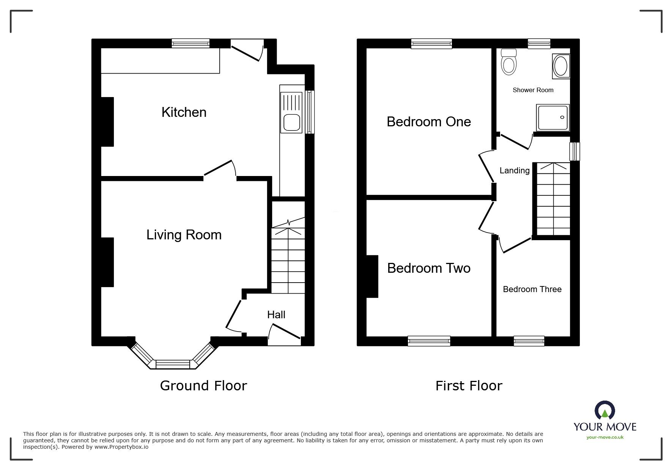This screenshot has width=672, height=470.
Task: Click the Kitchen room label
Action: click(x=184, y=112)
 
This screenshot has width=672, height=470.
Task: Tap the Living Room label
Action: click(x=184, y=235)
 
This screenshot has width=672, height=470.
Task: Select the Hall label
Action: click(x=276, y=314)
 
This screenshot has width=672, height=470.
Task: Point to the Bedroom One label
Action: click(x=429, y=122)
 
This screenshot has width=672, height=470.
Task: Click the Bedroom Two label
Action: click(x=429, y=268)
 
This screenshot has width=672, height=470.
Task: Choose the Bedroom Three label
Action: click(x=532, y=289)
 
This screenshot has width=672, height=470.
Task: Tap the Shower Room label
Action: click(x=533, y=90)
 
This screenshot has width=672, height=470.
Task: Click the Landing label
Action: click(x=514, y=171)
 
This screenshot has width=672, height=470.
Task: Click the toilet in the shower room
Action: click(x=508, y=61)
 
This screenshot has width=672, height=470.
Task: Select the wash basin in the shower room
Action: click(x=560, y=67)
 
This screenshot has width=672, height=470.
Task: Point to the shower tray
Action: click(x=553, y=118)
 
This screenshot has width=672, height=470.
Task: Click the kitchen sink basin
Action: click(x=291, y=123)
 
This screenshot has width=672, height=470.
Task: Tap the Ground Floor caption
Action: click(x=203, y=386)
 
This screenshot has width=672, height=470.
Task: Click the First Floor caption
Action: click(x=469, y=386)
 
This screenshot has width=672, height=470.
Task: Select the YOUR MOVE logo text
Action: click(x=605, y=427)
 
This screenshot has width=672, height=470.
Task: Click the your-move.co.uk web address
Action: click(x=605, y=437)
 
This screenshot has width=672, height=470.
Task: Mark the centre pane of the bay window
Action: click(x=173, y=364)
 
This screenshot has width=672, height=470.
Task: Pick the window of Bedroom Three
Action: click(x=529, y=341)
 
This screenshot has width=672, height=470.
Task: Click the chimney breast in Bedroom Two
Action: click(x=372, y=277)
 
